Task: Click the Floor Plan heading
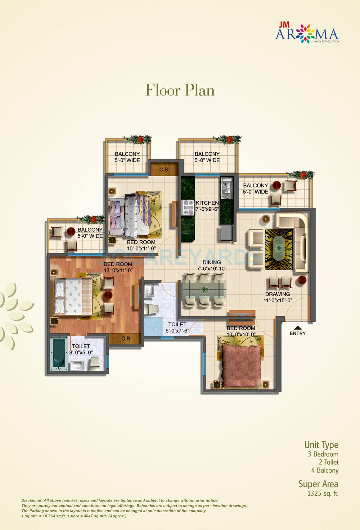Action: (180, 90)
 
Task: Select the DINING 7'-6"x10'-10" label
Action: (211, 266)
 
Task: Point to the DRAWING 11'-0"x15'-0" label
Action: (277, 297)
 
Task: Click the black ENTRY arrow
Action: (297, 328)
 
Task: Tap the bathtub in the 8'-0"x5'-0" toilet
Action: (58, 354)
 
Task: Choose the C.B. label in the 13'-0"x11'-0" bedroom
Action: (126, 338)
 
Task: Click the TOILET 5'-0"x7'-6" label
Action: (177, 328)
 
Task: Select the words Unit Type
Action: (321, 445)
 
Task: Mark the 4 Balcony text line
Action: (325, 470)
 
